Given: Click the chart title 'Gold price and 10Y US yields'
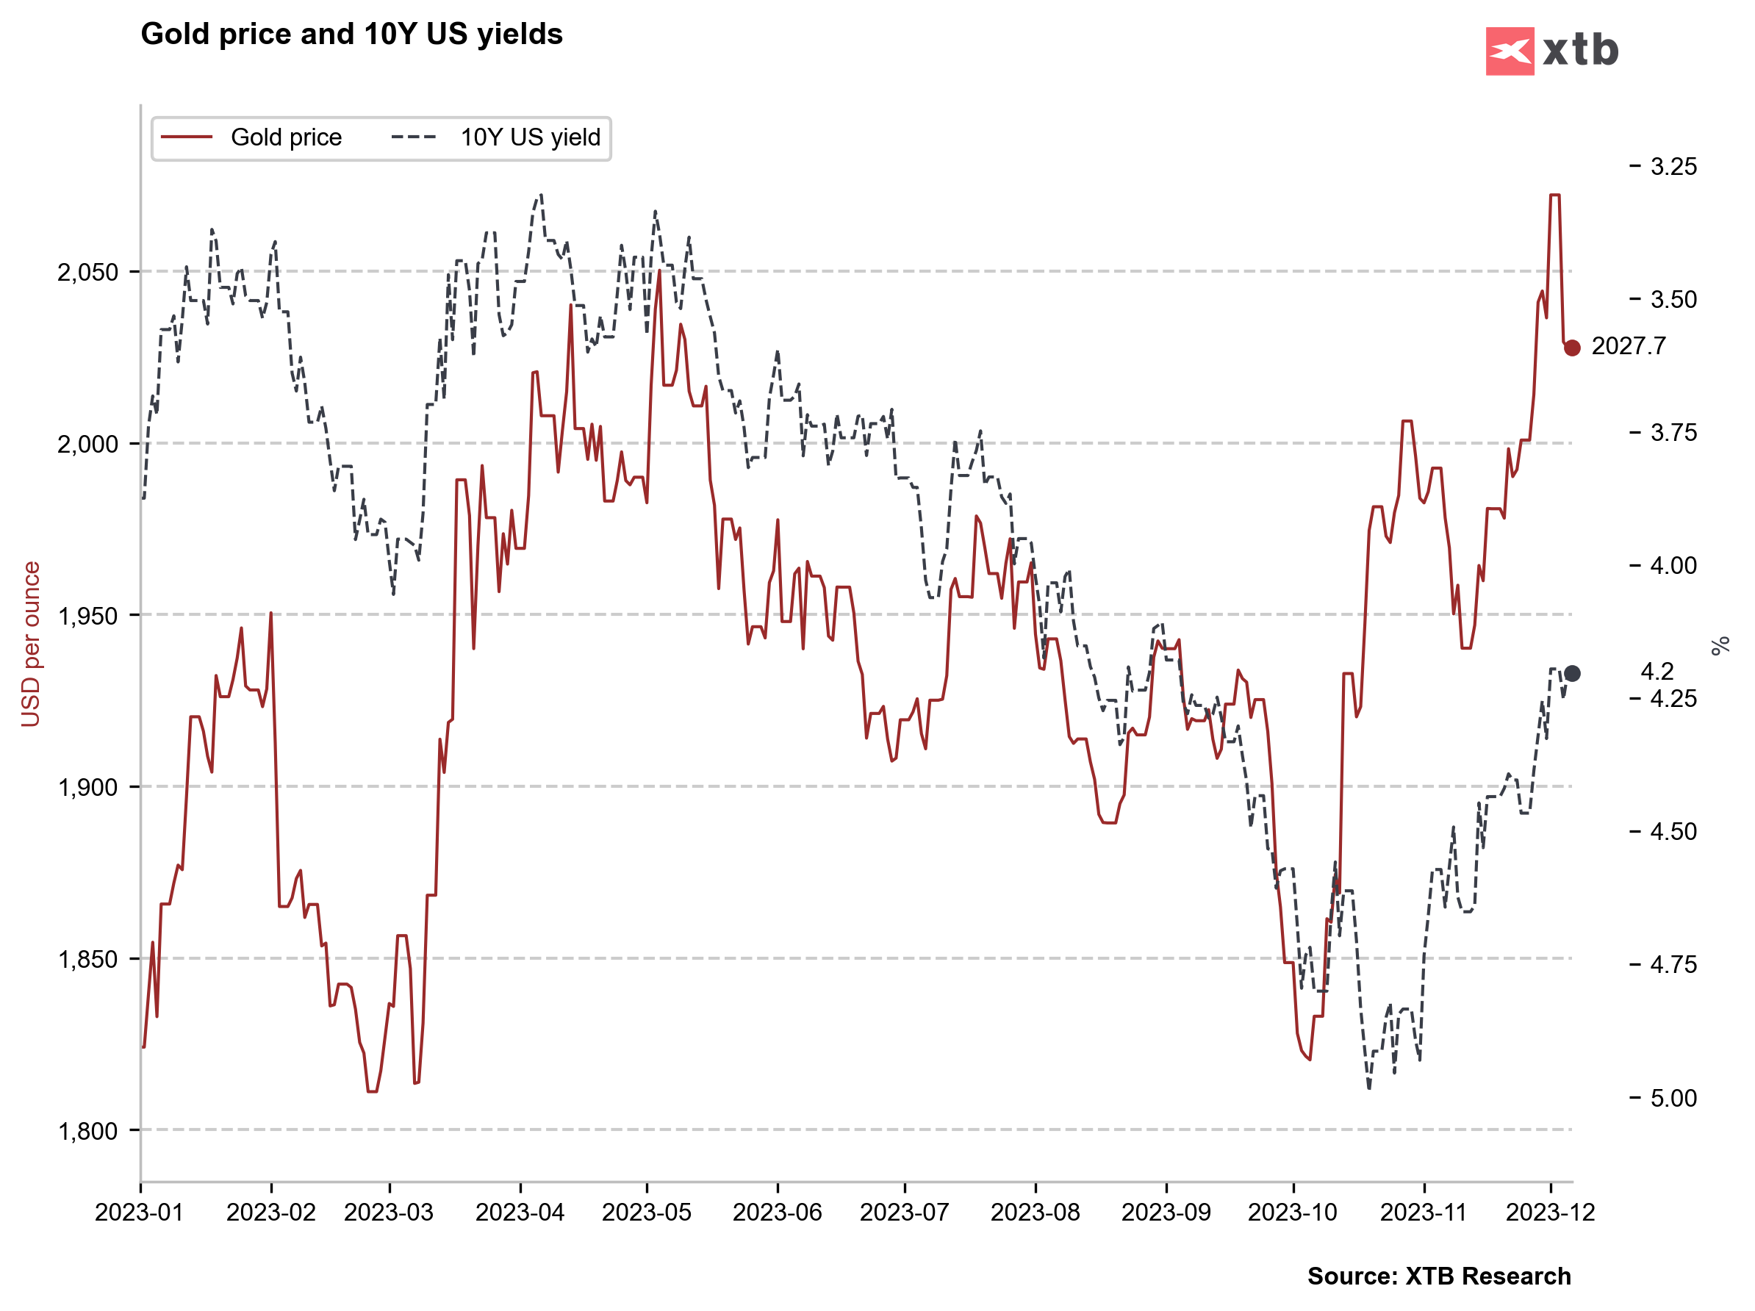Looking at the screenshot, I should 351,34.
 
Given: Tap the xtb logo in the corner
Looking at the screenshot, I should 1551,51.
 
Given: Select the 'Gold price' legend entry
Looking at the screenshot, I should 286,137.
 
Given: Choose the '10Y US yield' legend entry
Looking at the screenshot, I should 529,137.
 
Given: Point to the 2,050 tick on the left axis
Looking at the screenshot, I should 87,272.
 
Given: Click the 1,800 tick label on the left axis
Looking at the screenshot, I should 87,1131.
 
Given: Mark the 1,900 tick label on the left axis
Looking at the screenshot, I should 87,788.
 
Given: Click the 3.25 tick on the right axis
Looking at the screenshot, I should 1673,167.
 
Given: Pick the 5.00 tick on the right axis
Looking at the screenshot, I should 1673,1099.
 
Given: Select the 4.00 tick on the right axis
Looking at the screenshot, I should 1673,566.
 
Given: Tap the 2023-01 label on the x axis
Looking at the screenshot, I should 140,1213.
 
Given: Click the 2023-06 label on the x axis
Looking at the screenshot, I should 777,1213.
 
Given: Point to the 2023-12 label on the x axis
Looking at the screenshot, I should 1550,1213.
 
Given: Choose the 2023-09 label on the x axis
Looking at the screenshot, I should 1166,1213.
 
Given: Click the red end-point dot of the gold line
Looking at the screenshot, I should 1572,348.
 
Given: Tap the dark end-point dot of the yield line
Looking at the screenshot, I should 1572,673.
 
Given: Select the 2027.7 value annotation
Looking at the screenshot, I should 1628,346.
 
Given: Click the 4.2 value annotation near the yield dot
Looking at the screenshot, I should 1657,672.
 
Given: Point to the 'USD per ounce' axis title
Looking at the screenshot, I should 30,644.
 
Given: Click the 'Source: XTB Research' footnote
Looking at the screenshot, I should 1438,1276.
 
